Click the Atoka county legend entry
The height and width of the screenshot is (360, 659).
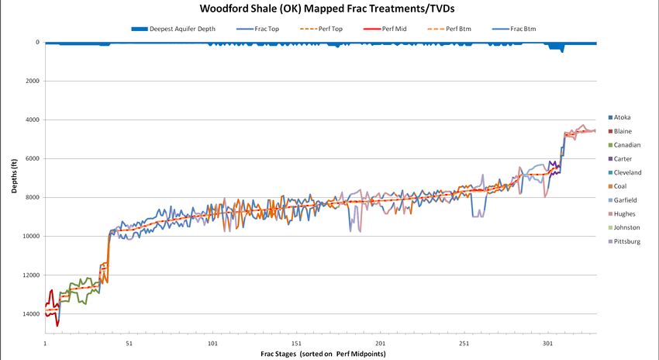627,117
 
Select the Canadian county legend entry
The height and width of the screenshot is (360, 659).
630,145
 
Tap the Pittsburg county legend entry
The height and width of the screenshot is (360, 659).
630,241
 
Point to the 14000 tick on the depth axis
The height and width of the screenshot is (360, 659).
31,314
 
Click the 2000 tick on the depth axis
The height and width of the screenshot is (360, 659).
33,81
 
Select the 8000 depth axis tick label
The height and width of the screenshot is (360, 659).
33,198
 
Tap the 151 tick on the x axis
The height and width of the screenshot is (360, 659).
296,342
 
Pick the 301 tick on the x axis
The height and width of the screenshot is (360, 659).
547,342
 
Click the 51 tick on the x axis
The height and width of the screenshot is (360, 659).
129,342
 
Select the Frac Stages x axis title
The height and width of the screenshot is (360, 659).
323,354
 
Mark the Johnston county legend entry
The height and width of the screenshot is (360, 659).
630,227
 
